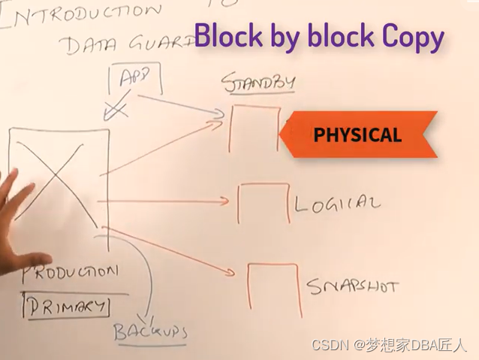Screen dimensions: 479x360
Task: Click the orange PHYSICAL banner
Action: click(358, 135)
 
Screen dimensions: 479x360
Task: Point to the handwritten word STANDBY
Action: click(258, 82)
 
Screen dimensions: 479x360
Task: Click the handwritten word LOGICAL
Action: click(337, 204)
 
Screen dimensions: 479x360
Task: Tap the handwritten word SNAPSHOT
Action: click(352, 286)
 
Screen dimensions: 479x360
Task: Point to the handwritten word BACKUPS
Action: click(150, 331)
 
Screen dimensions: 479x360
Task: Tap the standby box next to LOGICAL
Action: click(263, 203)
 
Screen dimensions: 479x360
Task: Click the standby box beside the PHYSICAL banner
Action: click(255, 128)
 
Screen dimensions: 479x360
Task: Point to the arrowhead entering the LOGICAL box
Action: click(224, 201)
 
